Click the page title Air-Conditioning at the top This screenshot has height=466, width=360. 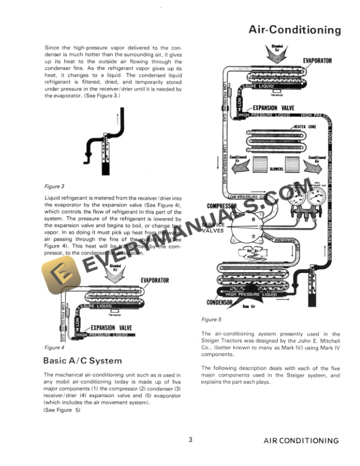tap(295, 29)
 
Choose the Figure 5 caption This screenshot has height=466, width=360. tap(211, 319)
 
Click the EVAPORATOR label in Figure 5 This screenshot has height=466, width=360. tap(317, 61)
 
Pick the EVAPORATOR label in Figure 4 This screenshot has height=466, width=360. tap(155, 280)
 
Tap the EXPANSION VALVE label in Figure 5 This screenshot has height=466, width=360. tap(274, 108)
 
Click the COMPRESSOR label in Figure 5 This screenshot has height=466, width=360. tap(222, 207)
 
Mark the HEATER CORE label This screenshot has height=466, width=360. tap(305, 127)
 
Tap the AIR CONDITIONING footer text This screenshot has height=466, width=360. tap(301, 440)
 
